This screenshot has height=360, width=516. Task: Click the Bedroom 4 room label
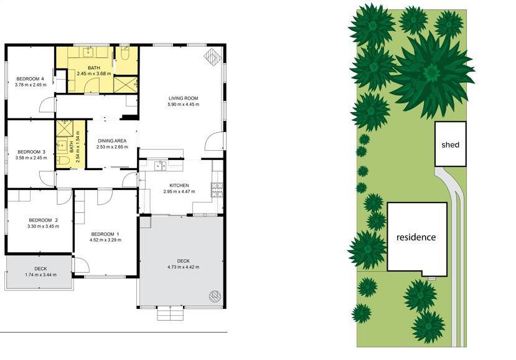pos(30,78)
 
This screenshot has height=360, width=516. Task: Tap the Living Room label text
pos(183,98)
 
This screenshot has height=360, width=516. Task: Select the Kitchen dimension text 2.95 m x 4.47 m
pos(179,191)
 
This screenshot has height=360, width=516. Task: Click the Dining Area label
pos(112,141)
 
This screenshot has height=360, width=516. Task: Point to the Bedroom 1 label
pos(105,234)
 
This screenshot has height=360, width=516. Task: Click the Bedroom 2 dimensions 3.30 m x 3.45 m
pos(44,226)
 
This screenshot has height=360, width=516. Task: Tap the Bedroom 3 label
pos(31,152)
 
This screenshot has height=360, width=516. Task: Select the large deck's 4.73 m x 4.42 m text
pos(183,267)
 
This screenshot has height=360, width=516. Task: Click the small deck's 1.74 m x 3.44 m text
pos(41,275)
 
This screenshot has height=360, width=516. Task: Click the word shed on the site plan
pos(450,144)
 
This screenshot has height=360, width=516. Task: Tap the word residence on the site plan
pos(416,237)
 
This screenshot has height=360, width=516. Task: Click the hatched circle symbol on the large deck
pos(215,296)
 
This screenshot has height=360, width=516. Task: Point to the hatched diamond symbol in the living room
pos(213,57)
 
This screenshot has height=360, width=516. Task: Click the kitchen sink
pos(160,166)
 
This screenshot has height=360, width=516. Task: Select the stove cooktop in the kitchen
pos(217,189)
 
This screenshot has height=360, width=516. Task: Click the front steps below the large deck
pos(170,313)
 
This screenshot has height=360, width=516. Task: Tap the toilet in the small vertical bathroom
pos(63,161)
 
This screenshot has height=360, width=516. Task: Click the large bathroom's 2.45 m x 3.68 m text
pos(94,73)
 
